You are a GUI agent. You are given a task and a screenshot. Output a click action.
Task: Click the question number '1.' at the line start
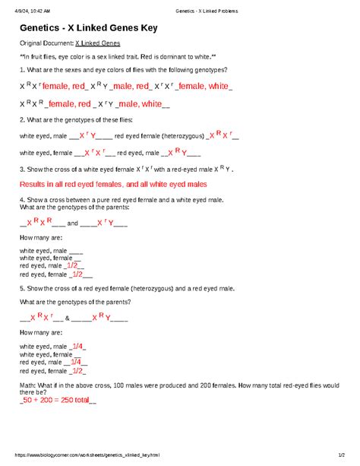click(x=22, y=70)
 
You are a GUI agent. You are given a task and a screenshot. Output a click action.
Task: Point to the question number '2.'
click(x=22, y=120)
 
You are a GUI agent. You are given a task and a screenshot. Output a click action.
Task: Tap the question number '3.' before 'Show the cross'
click(x=22, y=170)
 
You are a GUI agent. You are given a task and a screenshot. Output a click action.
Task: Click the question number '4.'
click(x=22, y=199)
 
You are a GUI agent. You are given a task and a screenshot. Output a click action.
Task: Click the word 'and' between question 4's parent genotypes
click(x=72, y=223)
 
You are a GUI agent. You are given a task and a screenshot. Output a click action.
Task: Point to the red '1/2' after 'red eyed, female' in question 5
click(x=75, y=372)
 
